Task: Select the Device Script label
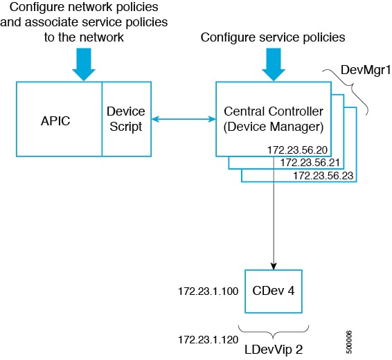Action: [125, 118]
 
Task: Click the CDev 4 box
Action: [276, 291]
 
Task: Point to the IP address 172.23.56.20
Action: [296, 150]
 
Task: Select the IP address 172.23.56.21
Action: [310, 163]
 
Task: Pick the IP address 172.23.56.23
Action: [322, 176]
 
